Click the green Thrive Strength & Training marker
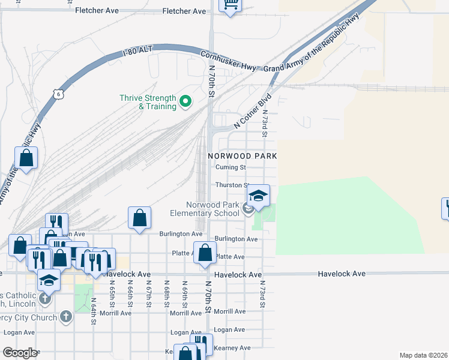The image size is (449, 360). point(185,103)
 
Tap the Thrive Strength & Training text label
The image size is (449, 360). point(148,103)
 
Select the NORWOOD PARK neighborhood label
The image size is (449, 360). point(243,155)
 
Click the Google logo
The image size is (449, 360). point(20,353)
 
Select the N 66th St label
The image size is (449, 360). point(130,294)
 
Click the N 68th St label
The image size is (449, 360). point(166,294)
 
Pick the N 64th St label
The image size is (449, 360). point(94,311)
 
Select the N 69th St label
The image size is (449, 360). point(185,294)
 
